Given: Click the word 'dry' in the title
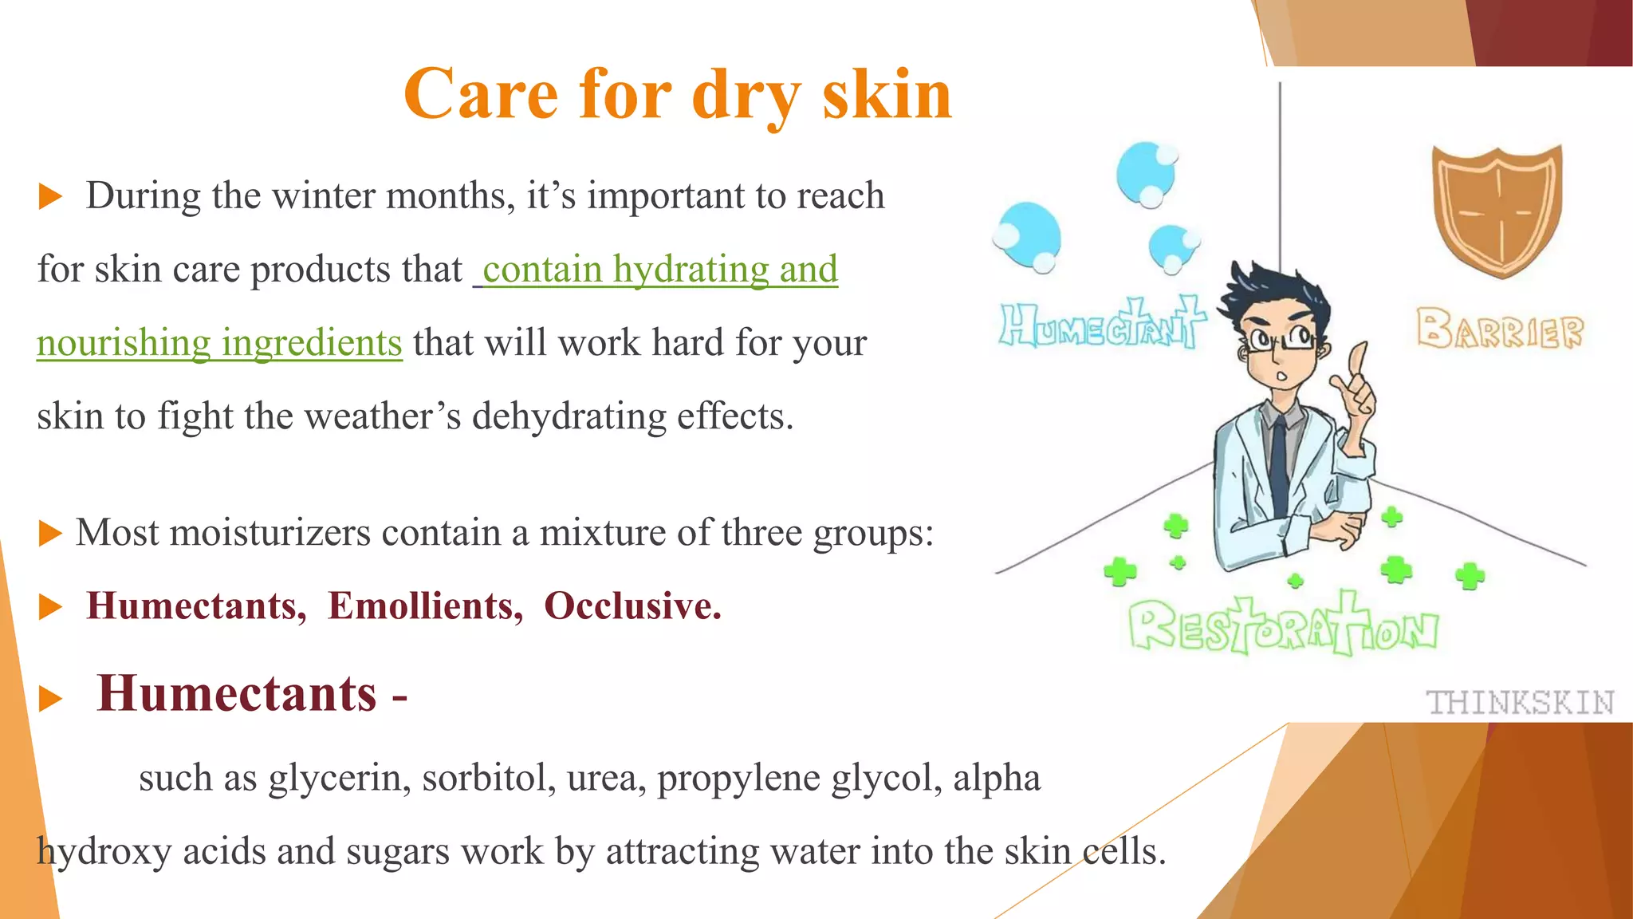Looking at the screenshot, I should point(746,96).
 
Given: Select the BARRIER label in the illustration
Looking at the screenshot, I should point(1499,329).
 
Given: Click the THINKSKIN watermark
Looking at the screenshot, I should point(1520,703).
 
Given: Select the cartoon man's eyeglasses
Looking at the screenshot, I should point(1278,340).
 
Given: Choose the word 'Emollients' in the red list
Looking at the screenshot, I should point(425,606).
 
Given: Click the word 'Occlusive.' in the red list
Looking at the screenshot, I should point(632,606).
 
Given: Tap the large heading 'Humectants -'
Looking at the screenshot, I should point(251,694).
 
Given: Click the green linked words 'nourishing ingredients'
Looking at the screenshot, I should point(219,343).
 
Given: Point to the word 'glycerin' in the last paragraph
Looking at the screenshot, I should point(339,779).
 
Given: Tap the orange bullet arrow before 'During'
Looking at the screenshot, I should point(50,196).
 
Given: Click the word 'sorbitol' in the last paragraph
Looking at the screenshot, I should point(488,779).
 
